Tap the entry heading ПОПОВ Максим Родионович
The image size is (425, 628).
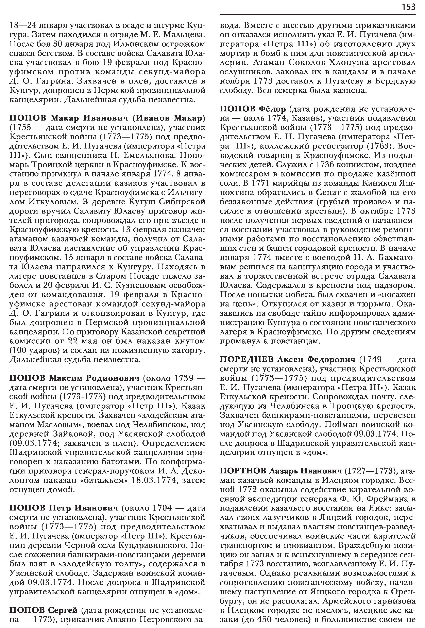(74, 377)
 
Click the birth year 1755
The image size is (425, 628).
(21, 128)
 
